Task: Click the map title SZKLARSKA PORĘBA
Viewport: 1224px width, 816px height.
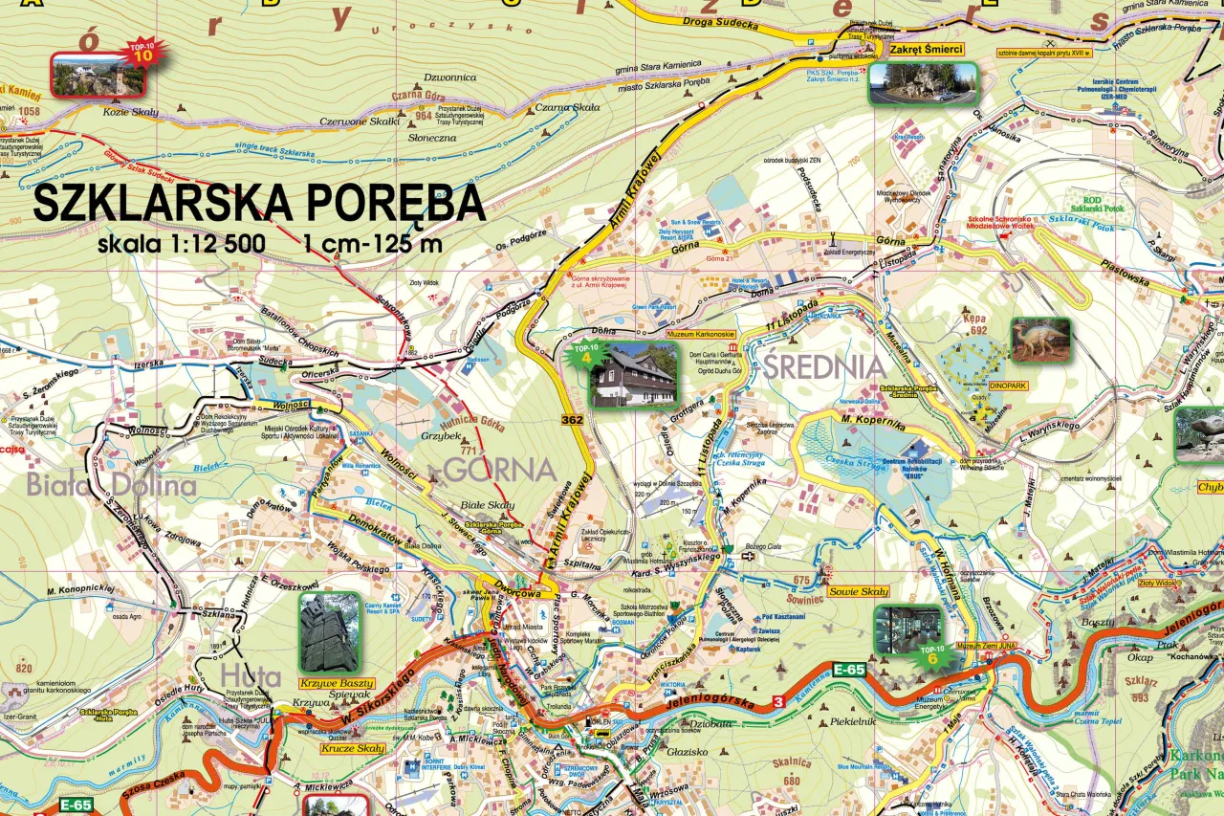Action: click(x=258, y=203)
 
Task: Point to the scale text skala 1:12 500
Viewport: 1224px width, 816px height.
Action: click(x=181, y=244)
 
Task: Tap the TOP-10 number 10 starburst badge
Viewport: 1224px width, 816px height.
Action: click(x=142, y=52)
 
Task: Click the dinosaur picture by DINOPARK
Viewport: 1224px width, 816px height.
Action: click(x=1040, y=339)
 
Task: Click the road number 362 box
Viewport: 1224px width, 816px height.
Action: click(x=573, y=420)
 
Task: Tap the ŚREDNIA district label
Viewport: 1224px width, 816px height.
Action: click(x=823, y=365)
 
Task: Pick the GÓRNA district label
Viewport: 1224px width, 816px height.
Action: click(x=500, y=471)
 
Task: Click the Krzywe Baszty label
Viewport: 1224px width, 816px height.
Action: click(x=331, y=683)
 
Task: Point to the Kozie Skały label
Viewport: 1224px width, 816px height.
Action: click(x=131, y=112)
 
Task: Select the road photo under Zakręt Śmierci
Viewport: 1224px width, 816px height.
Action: click(x=923, y=83)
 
